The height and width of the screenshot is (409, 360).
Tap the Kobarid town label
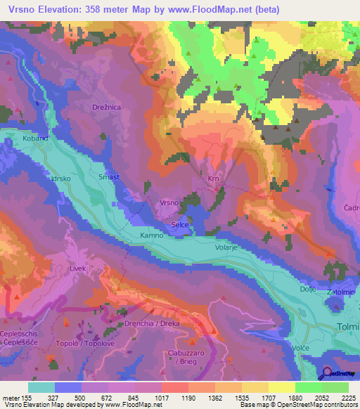click(x=34, y=138)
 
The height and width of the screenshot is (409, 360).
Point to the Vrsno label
click(x=169, y=202)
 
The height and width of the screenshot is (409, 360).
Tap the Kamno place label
click(x=152, y=235)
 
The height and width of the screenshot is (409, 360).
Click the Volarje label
click(x=227, y=247)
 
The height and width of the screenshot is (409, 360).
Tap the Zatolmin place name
click(x=340, y=291)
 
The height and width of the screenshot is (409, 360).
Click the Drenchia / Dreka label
click(x=153, y=323)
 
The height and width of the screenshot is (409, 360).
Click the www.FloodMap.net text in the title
click(x=214, y=10)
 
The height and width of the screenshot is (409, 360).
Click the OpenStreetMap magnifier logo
click(x=327, y=375)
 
